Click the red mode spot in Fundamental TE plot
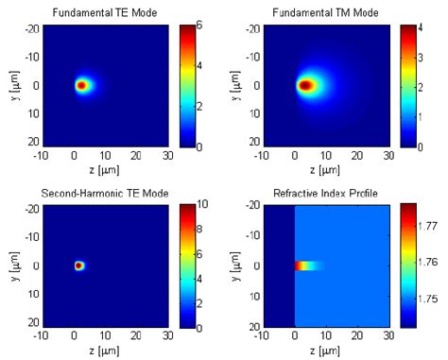click(81, 85)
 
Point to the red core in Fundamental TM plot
click(306, 85)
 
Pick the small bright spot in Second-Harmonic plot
click(79, 266)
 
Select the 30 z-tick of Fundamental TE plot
click(167, 157)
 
